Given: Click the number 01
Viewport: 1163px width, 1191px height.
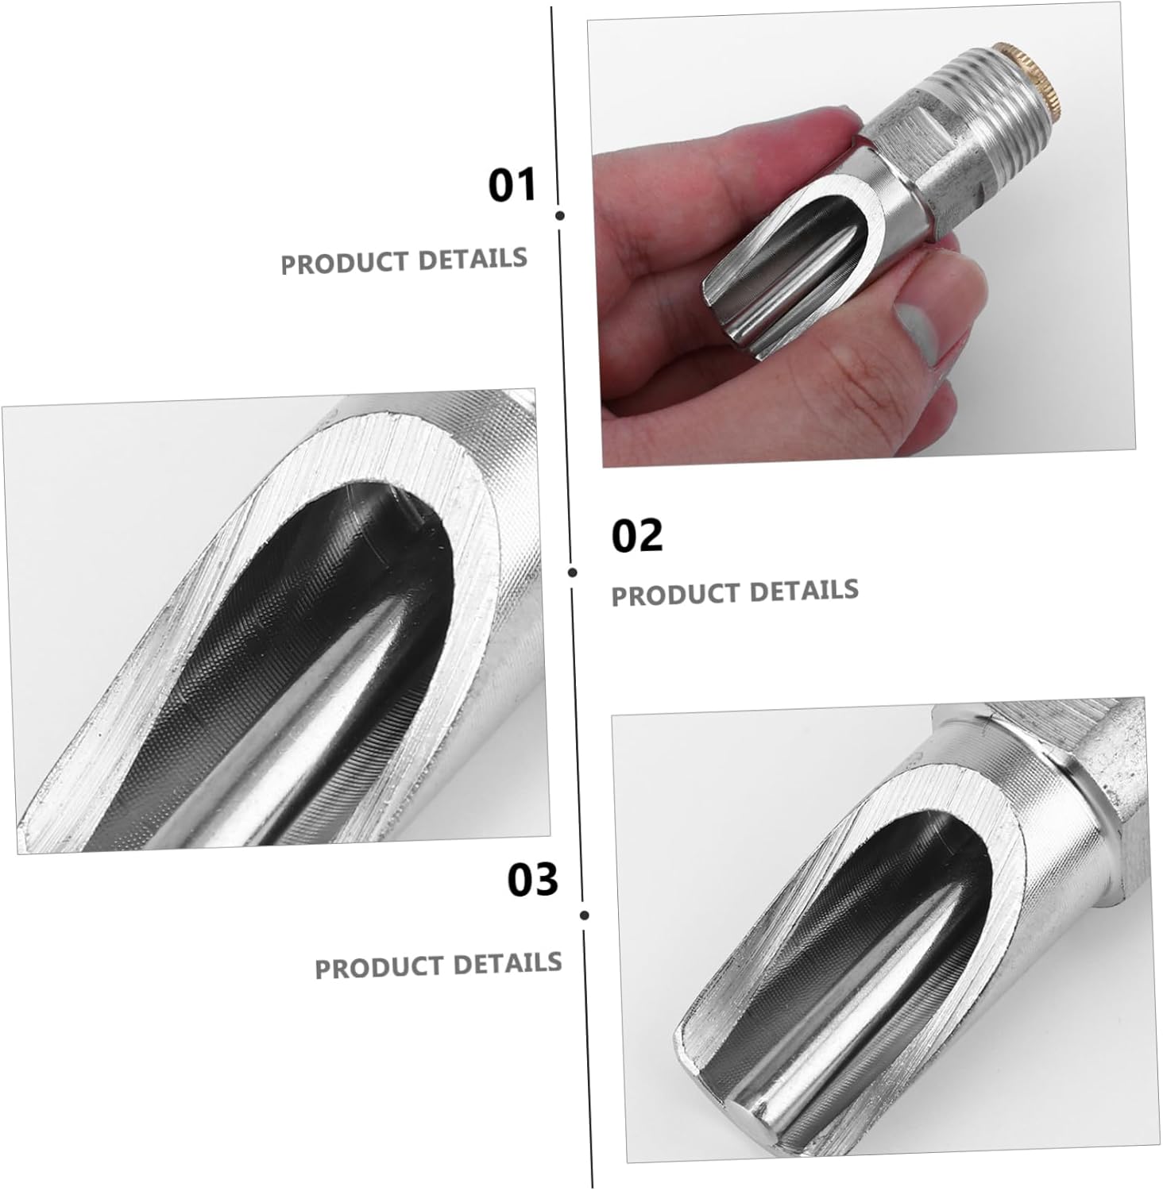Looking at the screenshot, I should pos(512,186).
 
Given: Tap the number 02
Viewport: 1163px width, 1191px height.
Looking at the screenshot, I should pos(636,536).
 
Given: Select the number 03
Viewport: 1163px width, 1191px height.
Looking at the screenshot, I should pos(532,881).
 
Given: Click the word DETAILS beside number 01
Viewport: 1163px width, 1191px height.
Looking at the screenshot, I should pos(473,259).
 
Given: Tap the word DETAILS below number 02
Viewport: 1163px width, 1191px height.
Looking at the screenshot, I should pos(804,591).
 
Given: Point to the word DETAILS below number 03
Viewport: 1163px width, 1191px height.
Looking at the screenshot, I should pos(508,963).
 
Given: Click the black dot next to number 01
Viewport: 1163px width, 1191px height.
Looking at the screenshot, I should pos(560,215).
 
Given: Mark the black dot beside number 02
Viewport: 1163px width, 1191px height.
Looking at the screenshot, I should pos(573,572).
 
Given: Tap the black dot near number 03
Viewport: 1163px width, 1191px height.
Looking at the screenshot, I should pos(585,915).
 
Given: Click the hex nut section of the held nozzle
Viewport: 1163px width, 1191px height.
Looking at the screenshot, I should pos(906,155).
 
